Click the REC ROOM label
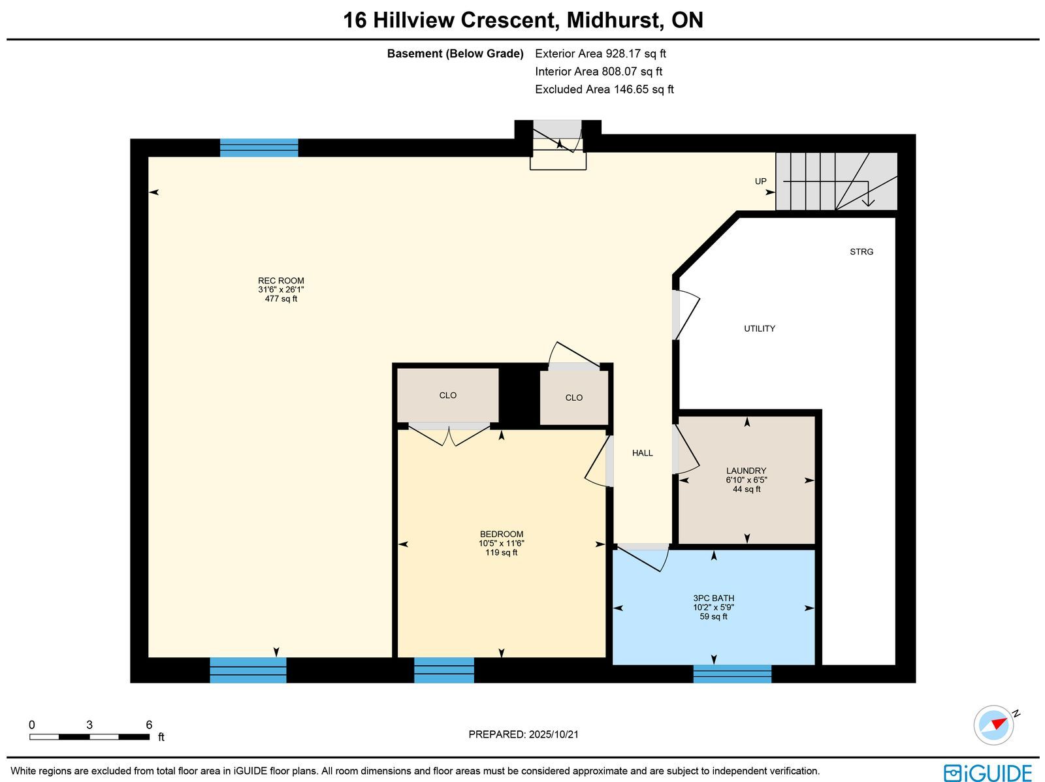pyautogui.click(x=281, y=281)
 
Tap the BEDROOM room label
pyautogui.click(x=502, y=534)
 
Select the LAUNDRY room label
pyautogui.click(x=746, y=471)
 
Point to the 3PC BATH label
pyautogui.click(x=713, y=599)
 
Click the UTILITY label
pyautogui.click(x=760, y=329)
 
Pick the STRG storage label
pyautogui.click(x=861, y=251)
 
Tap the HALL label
pyautogui.click(x=642, y=453)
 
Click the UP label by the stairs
pyautogui.click(x=760, y=181)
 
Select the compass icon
pyautogui.click(x=993, y=725)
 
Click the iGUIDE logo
pyautogui.click(x=988, y=772)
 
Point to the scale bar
pyautogui.click(x=89, y=737)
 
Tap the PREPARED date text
pyautogui.click(x=523, y=734)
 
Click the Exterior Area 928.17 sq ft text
pyautogui.click(x=600, y=54)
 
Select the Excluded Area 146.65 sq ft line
pyautogui.click(x=604, y=89)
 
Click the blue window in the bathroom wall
pyautogui.click(x=731, y=674)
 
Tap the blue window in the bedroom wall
pyautogui.click(x=443, y=670)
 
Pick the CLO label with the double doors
pyautogui.click(x=447, y=396)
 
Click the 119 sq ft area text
pyautogui.click(x=502, y=552)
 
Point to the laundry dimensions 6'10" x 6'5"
pyautogui.click(x=746, y=480)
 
